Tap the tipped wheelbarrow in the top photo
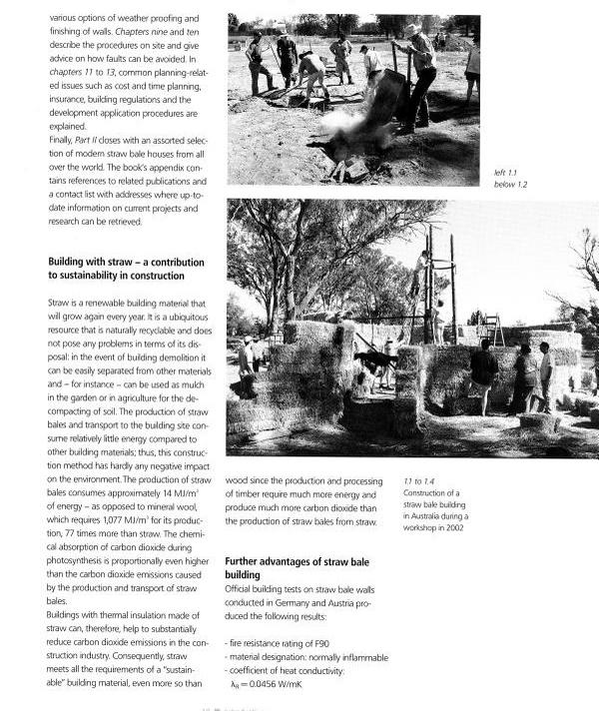383,97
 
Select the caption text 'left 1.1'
508,173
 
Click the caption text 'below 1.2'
511,185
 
